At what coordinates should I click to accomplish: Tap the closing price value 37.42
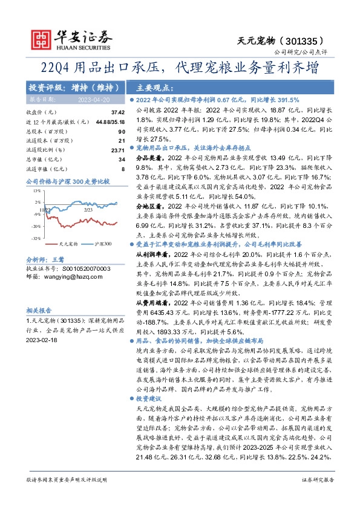pyautogui.click(x=118, y=112)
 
